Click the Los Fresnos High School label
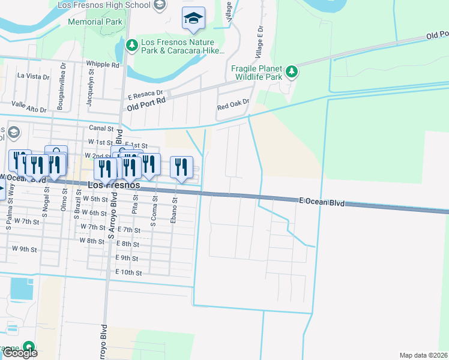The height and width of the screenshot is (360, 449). (x=104, y=5)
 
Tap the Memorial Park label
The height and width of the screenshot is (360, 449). (x=95, y=22)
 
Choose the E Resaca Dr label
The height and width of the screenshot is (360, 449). (x=145, y=94)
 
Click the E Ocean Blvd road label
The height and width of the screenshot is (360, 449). (x=322, y=203)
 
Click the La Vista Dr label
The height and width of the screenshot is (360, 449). (x=33, y=76)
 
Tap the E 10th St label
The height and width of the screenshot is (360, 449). (x=128, y=272)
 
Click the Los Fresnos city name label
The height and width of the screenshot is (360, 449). (x=114, y=186)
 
